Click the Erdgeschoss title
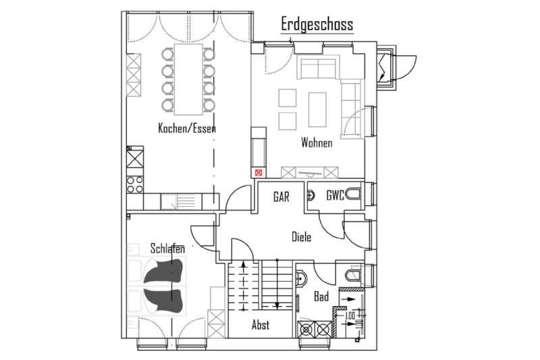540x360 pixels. pyautogui.click(x=317, y=25)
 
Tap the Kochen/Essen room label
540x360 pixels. pyautogui.click(x=187, y=128)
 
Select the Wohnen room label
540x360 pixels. pyautogui.click(x=317, y=143)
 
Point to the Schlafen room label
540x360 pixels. pyautogui.click(x=167, y=249)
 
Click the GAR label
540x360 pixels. pyautogui.click(x=281, y=197)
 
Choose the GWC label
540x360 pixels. pyautogui.click(x=335, y=197)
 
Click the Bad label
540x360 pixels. pyautogui.click(x=321, y=296)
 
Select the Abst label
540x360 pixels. pyautogui.click(x=261, y=325)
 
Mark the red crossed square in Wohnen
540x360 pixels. pyautogui.click(x=258, y=172)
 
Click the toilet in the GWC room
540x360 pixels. pyautogui.click(x=355, y=197)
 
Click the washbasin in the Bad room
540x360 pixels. pyautogui.click(x=301, y=277)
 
